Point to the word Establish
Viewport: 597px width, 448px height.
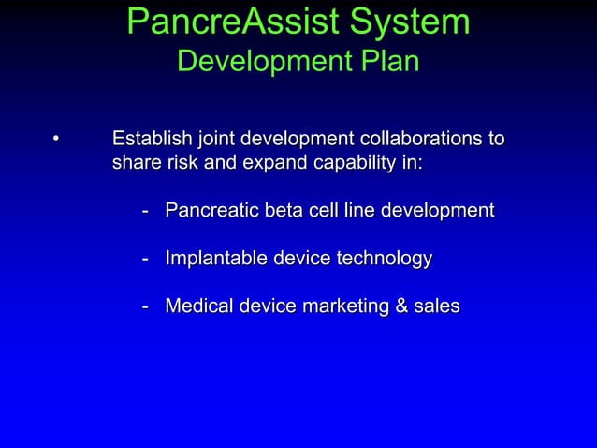tap(153, 140)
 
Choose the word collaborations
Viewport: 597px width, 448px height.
tap(417, 140)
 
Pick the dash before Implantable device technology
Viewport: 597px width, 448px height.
tap(146, 259)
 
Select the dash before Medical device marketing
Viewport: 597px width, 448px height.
tap(146, 306)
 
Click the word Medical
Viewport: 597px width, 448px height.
tap(197, 306)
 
